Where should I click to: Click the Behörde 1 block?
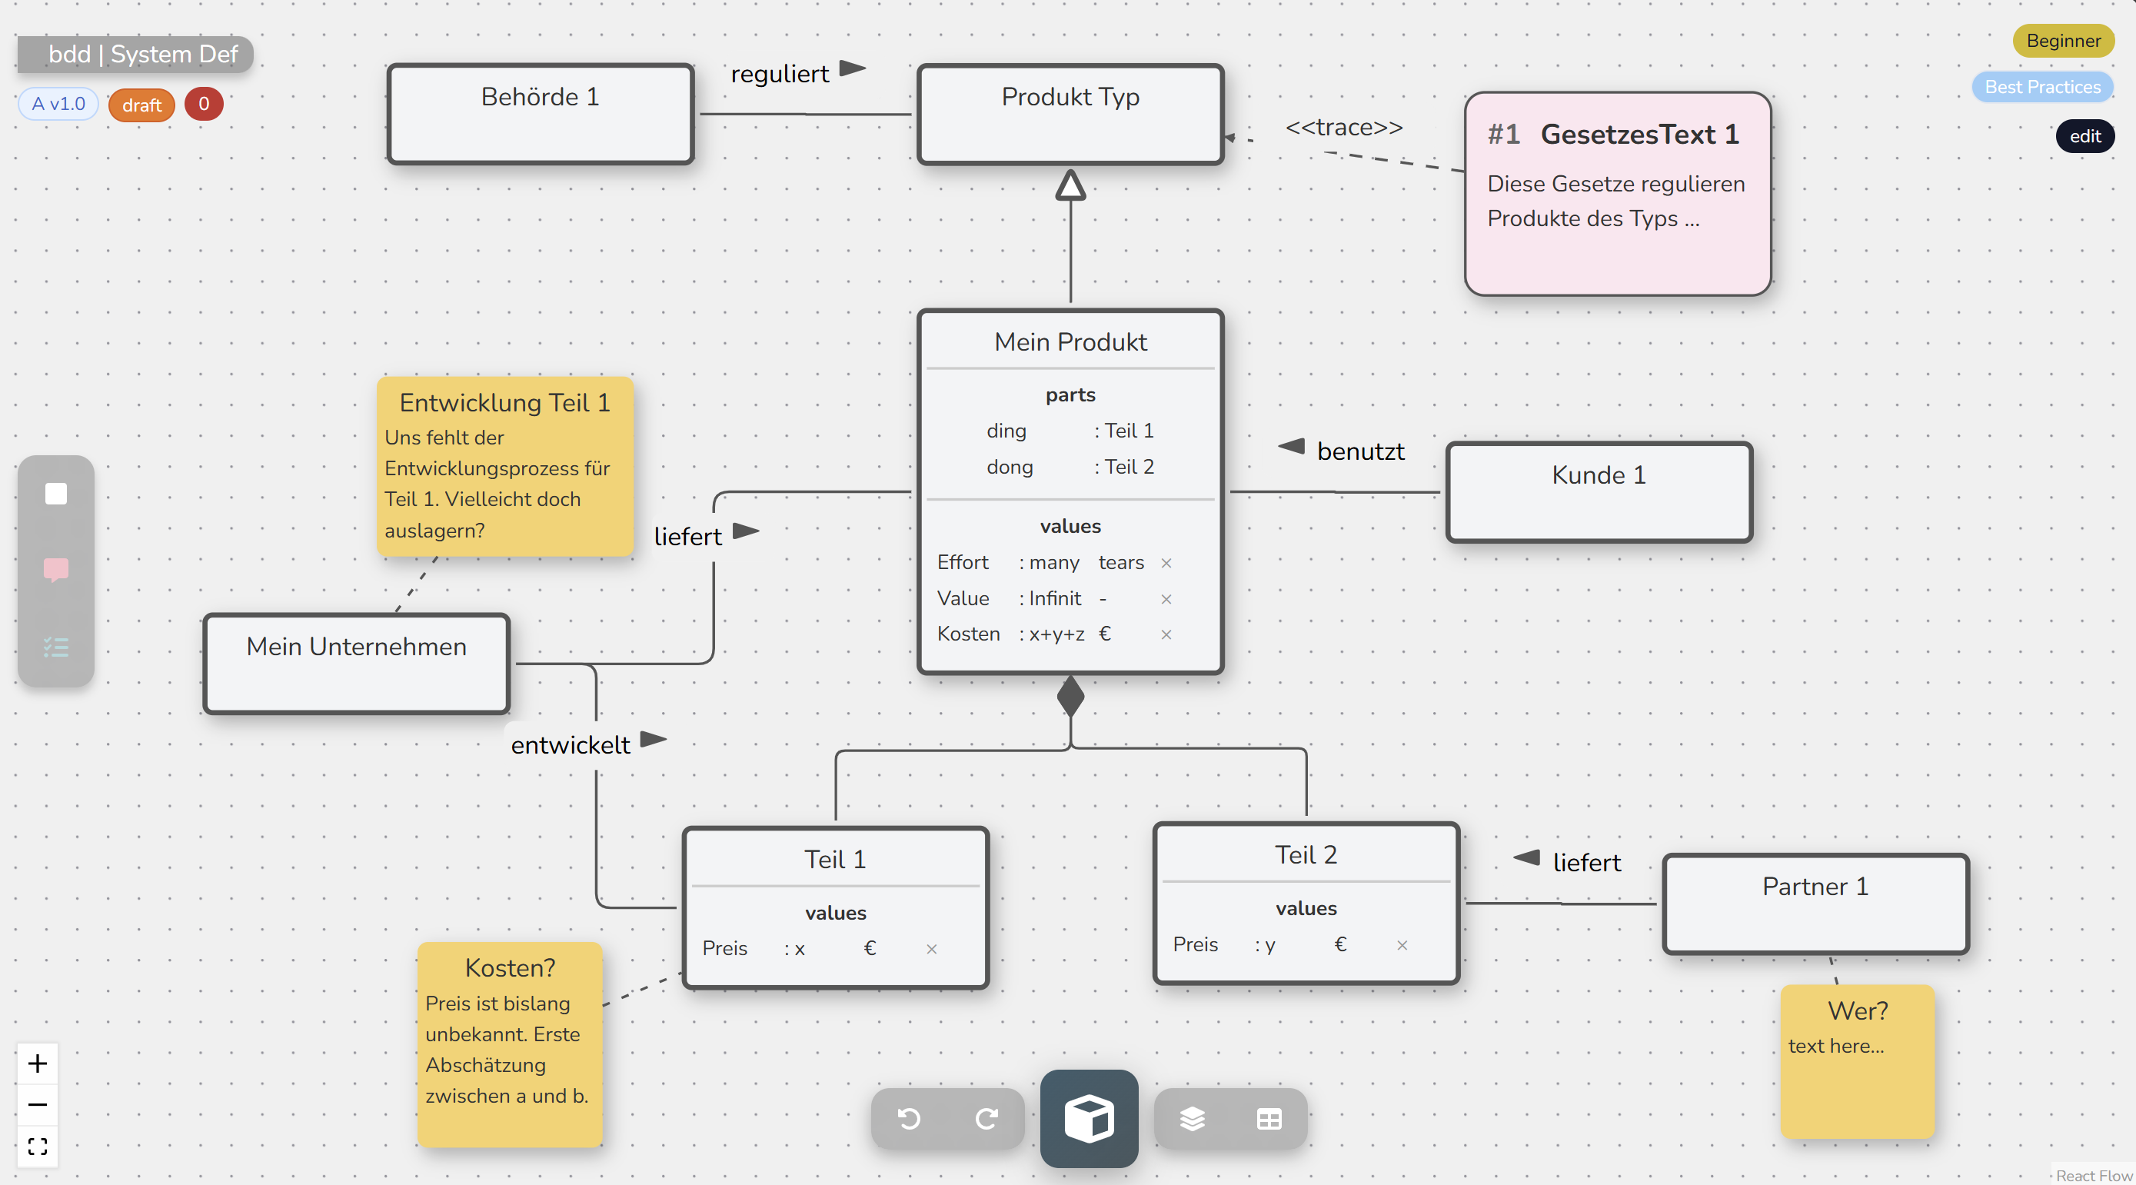coord(540,114)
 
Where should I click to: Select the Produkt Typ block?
coord(1070,114)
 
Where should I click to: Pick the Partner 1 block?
coord(1815,903)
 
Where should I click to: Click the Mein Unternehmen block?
coord(357,663)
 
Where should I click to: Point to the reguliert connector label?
coord(780,74)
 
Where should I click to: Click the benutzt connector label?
coord(1360,451)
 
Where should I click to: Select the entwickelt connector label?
coord(571,744)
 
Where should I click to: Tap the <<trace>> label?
coord(1343,128)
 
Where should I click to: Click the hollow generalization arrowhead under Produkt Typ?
coord(1070,186)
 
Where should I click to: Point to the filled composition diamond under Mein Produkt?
coord(1070,697)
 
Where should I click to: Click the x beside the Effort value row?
coord(1166,563)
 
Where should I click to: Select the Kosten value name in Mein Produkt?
coord(969,634)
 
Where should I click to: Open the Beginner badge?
coord(2062,41)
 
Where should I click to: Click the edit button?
coord(2084,136)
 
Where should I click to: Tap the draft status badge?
coord(141,105)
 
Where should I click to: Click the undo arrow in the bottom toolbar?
coord(909,1119)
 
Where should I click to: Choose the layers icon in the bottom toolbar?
coord(1192,1119)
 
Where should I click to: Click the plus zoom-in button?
coord(38,1063)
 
